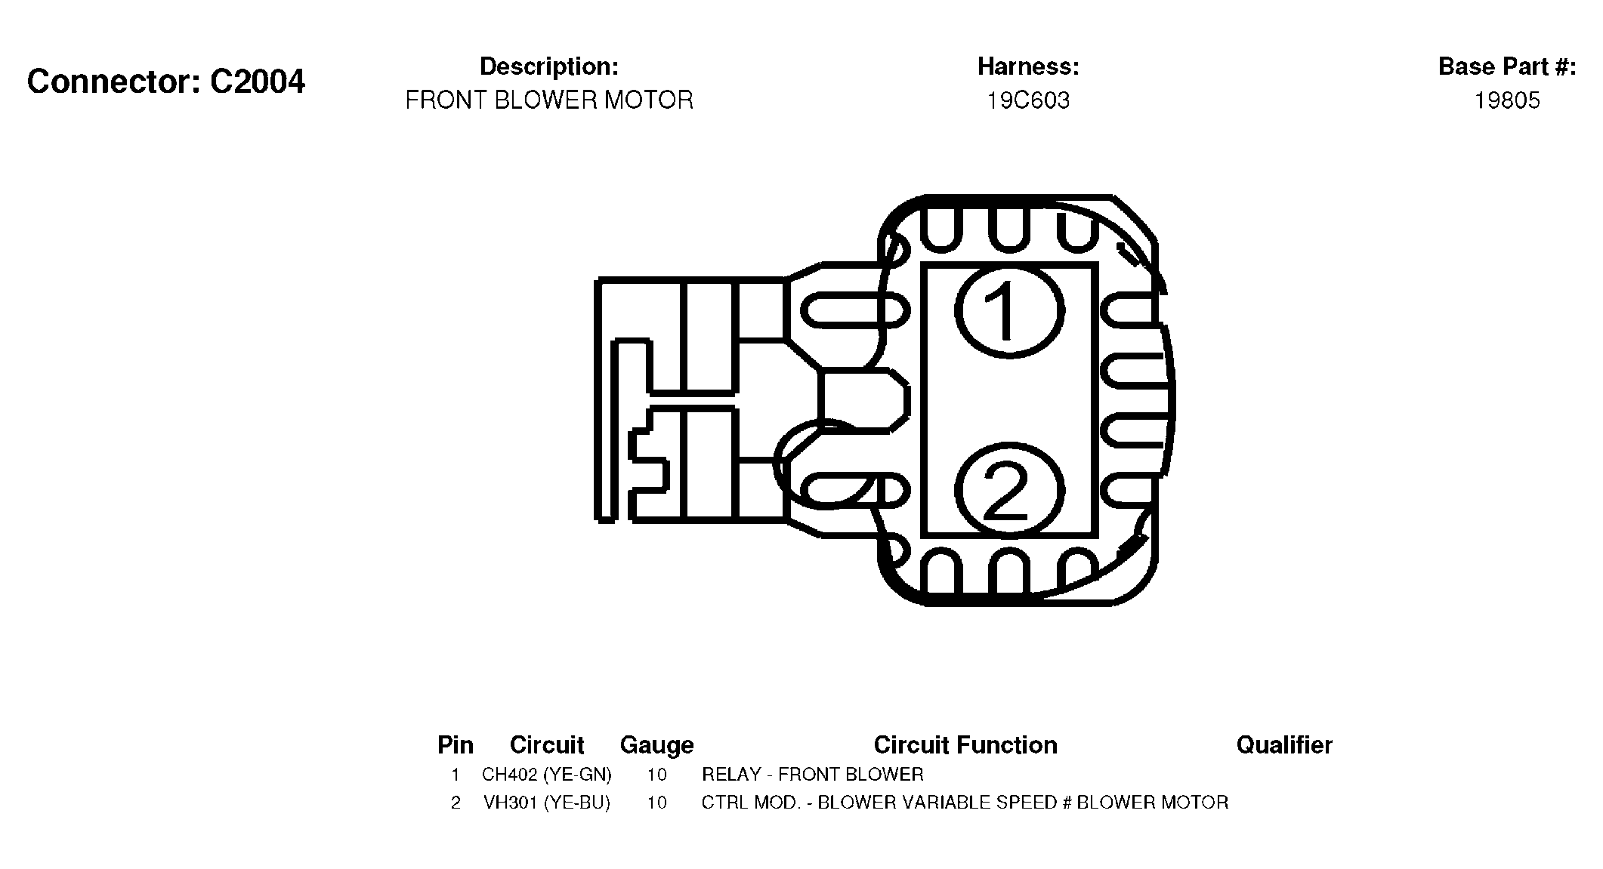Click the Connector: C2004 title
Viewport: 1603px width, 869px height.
click(166, 82)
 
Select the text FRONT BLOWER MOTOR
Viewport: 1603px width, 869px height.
click(549, 100)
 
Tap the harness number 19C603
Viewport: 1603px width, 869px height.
click(1028, 100)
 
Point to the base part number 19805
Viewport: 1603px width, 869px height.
click(1507, 100)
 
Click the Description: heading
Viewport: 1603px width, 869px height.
click(549, 66)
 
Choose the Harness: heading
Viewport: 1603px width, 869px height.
click(1028, 66)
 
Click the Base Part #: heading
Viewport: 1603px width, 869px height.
click(1507, 66)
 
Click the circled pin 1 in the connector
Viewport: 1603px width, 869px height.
click(1010, 310)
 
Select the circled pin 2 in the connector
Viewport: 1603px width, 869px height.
click(1010, 492)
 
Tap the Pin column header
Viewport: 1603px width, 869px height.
click(456, 745)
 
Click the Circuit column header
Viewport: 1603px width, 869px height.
click(547, 745)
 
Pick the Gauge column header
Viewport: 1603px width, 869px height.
click(656, 745)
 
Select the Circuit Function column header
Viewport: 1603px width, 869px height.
click(965, 745)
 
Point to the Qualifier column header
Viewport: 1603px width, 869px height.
click(1284, 745)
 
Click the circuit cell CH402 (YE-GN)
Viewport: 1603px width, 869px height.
click(547, 775)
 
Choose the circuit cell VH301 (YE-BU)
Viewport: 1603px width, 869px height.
click(547, 803)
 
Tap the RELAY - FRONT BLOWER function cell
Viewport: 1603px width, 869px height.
click(813, 775)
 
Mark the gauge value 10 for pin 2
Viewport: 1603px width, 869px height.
click(657, 803)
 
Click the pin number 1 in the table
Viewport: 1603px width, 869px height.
click(456, 775)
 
